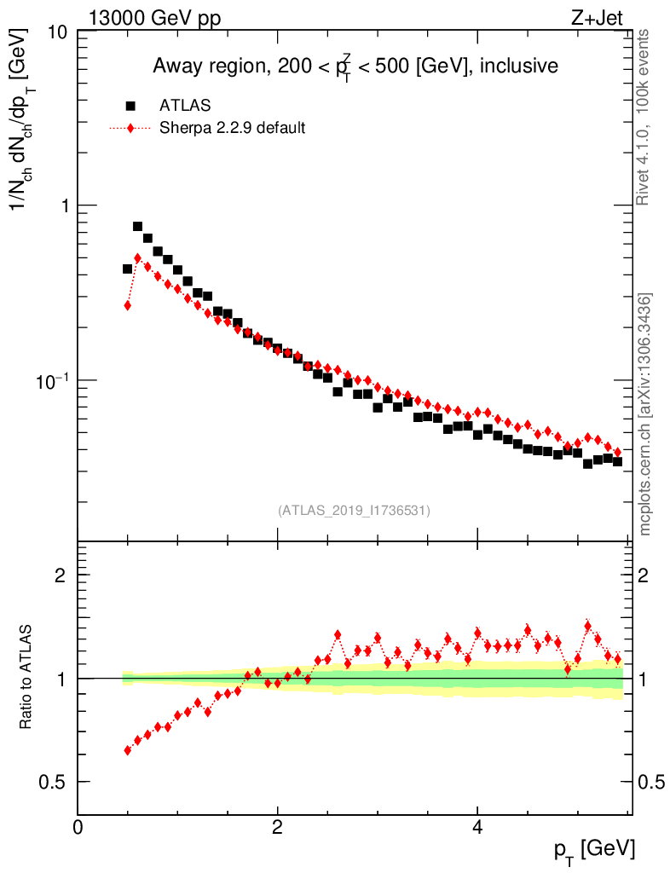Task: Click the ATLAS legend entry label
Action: tap(185, 106)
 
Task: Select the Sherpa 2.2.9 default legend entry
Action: tap(233, 129)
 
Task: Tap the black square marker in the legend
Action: tap(130, 106)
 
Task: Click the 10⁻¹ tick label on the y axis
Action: tap(51, 379)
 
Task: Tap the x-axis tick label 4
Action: tap(477, 827)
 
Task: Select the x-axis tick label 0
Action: tap(78, 827)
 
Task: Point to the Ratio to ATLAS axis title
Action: tap(27, 677)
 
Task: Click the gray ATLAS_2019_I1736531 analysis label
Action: tap(354, 511)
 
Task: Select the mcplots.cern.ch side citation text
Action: tap(645, 413)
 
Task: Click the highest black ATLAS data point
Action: tap(137, 226)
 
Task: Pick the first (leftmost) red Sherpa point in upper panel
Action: tap(128, 305)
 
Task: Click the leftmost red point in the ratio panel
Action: tap(128, 750)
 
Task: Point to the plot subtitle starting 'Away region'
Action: tap(355, 66)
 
